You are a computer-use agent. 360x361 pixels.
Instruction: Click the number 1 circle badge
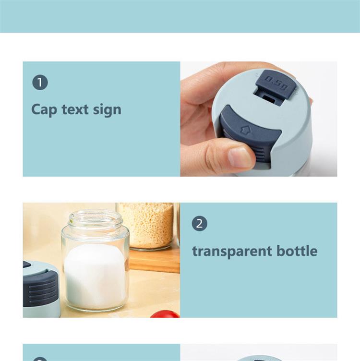point(40,82)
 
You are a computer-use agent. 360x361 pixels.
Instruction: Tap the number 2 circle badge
point(200,223)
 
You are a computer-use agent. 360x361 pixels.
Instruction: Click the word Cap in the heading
point(44,110)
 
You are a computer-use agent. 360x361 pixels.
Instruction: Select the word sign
point(107,110)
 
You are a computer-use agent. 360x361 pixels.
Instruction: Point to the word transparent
point(232,251)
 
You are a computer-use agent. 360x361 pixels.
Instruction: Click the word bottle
point(297,251)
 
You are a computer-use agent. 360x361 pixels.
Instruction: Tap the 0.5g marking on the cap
point(276,82)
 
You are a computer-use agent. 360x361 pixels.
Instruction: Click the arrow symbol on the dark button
point(246,130)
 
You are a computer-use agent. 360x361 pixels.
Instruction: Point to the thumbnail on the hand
point(240,157)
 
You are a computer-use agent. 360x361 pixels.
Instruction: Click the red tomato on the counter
point(165,314)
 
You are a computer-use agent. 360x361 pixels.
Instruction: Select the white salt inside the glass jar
point(95,277)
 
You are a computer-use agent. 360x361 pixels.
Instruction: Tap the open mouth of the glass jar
point(96,217)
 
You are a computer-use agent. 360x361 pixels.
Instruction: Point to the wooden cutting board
point(155,261)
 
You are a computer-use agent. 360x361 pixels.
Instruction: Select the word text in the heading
point(75,109)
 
